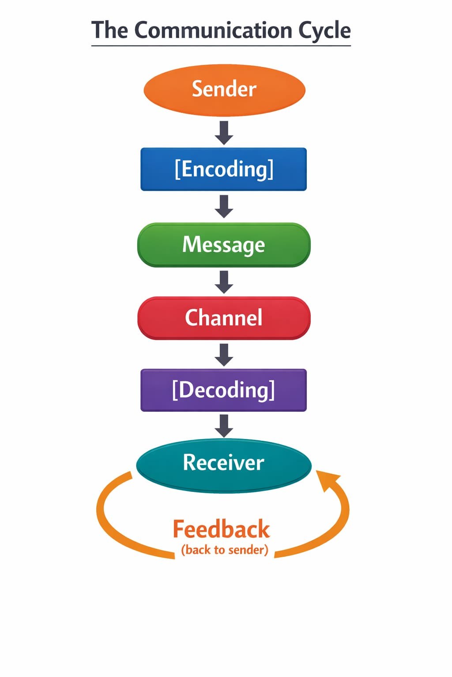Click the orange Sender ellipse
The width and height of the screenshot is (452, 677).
[x=224, y=90]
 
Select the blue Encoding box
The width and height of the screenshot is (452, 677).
[x=223, y=169]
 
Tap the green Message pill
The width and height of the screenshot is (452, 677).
[x=224, y=245]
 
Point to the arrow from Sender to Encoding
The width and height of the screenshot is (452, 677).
[x=224, y=133]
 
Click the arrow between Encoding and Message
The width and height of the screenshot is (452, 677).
[x=224, y=206]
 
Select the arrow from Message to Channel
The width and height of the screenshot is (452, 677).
[x=224, y=282]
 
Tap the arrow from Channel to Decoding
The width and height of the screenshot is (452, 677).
[x=224, y=355]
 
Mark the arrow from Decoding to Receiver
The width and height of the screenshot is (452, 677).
[x=224, y=426]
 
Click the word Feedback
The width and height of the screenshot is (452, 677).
[x=221, y=529]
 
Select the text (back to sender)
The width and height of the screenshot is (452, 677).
[x=225, y=550]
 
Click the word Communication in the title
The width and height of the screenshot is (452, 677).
[x=214, y=31]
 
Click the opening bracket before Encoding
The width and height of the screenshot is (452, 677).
[x=177, y=169]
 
